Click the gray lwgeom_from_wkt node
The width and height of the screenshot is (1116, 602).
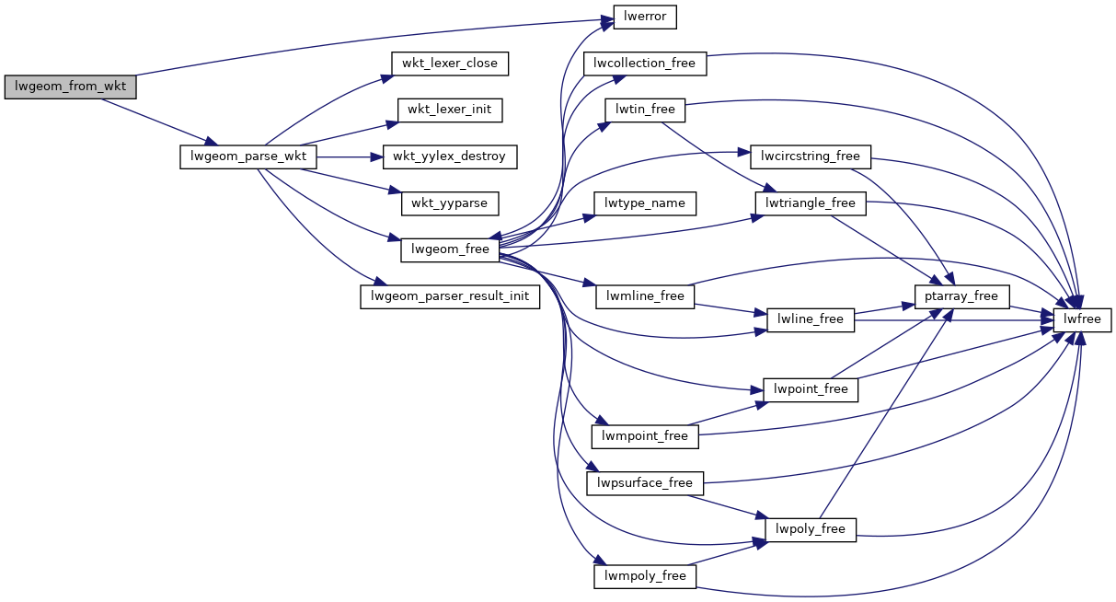point(70,87)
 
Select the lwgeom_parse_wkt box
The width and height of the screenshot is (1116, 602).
point(248,156)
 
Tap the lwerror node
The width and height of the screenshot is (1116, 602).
point(645,17)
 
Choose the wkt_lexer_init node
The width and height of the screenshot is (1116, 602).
point(450,110)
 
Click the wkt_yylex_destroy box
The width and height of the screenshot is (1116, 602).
point(450,156)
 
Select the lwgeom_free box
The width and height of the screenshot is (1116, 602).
point(450,249)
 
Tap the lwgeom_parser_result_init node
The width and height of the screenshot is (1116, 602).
point(450,296)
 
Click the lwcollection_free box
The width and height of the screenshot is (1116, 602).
point(645,64)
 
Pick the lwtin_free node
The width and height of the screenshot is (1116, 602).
point(645,110)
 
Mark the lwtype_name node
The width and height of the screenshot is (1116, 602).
point(645,203)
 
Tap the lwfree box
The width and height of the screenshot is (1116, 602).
point(1083,319)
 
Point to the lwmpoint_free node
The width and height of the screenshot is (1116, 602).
point(645,435)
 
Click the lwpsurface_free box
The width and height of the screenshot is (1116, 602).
point(645,482)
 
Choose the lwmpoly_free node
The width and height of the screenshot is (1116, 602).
point(645,576)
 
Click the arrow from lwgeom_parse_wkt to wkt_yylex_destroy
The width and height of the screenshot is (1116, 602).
point(350,156)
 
